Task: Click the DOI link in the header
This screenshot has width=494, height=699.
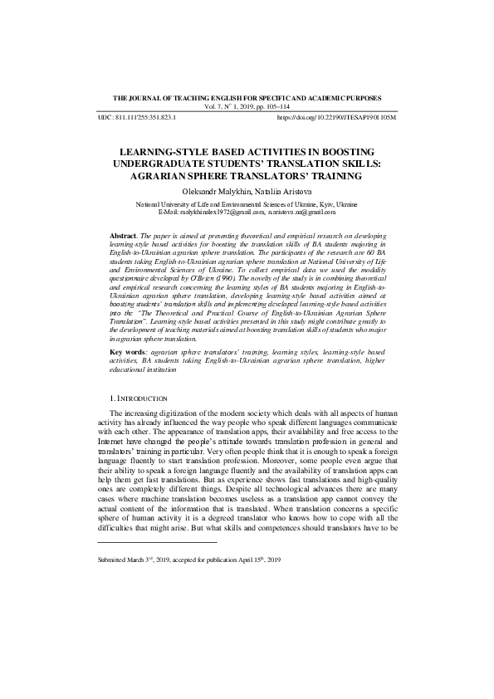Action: tap(336, 118)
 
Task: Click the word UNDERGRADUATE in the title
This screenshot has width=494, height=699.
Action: tap(160, 164)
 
